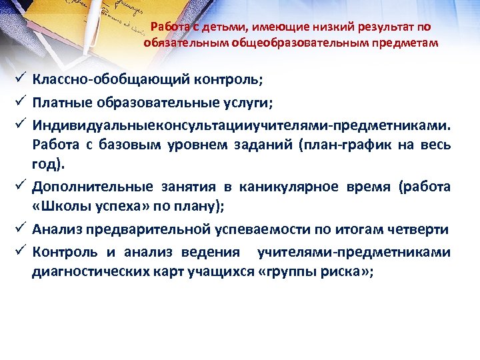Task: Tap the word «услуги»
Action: coord(253,103)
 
